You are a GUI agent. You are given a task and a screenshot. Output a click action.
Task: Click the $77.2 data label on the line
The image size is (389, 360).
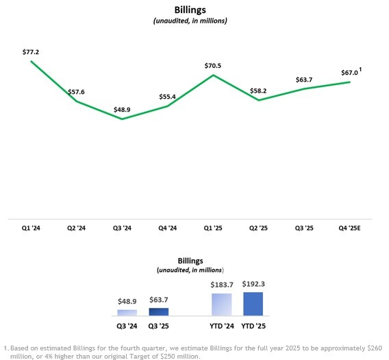coord(32,51)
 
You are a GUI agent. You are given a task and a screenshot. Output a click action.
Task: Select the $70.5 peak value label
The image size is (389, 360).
coord(214,66)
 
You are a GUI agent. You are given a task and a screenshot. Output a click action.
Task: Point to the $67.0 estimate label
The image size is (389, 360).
coord(349,73)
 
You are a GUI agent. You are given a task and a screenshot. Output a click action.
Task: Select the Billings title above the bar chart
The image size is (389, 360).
coord(191,262)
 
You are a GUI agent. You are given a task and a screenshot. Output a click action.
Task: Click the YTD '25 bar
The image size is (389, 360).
coord(253,304)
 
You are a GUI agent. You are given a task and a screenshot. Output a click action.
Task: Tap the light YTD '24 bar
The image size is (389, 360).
coord(222,304)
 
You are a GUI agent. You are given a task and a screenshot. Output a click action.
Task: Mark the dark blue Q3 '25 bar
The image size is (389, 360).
coord(158,311)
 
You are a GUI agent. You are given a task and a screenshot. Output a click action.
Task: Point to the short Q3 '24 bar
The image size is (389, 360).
coord(127,313)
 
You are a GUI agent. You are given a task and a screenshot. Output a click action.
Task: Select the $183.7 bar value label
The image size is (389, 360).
coord(222,285)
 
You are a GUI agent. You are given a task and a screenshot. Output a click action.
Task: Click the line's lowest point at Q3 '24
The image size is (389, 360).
coord(123,119)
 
